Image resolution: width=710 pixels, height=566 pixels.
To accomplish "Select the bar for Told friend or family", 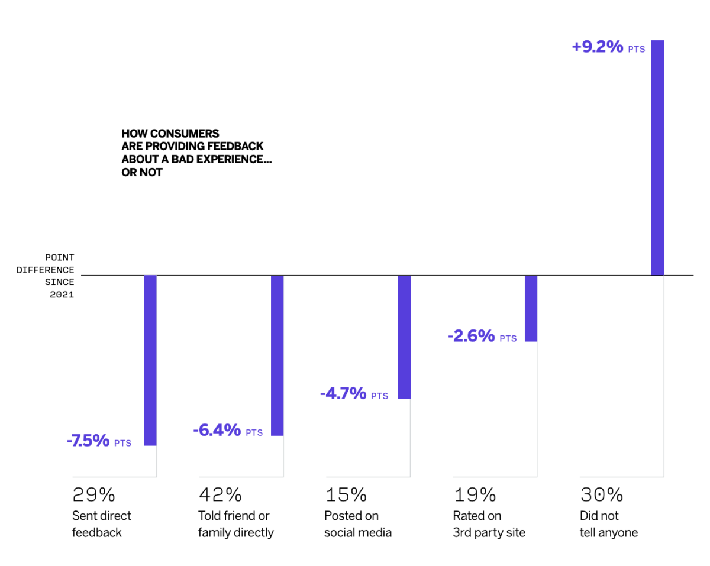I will coord(277,355).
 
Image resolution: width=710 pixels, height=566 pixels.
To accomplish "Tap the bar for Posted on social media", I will coord(404,337).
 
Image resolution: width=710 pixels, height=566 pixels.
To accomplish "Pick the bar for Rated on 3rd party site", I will coord(531,308).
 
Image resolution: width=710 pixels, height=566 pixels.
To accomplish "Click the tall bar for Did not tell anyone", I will coord(657,157).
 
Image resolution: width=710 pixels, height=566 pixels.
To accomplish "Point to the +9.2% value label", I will coord(598,47).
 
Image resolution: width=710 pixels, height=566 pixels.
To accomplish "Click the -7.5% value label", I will coord(88,441).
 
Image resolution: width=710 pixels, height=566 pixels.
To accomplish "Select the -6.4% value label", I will coord(217,430).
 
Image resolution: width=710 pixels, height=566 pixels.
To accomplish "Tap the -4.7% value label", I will coord(343,393).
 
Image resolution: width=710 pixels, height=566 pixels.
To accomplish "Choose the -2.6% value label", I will coord(471,336).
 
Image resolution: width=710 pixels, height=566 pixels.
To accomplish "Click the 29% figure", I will coord(93,494).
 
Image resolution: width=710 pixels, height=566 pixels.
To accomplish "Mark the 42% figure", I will coord(220,494).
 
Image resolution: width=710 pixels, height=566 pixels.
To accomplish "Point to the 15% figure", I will coord(346,494).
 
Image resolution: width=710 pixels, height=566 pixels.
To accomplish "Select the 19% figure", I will coord(475,494).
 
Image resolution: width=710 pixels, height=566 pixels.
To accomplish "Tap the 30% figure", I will coord(601,494).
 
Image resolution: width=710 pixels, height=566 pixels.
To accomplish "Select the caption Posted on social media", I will coord(357,524).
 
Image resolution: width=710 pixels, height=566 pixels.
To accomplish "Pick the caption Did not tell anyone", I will coord(609,524).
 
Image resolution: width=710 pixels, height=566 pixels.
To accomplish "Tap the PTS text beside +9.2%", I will coord(637,50).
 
